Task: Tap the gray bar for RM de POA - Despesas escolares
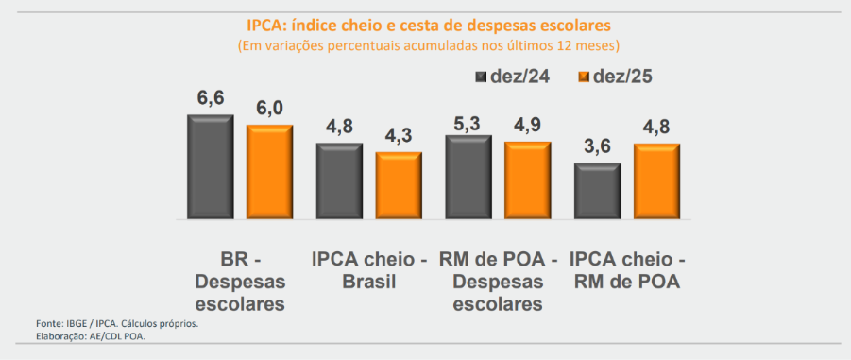coord(468,177)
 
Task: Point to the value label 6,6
coord(211,97)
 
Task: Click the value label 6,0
coord(270,108)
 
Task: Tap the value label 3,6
coord(598,146)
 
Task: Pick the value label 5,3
coord(468,118)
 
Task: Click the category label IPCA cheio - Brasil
coord(369,269)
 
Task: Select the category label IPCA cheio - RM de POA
coord(627,269)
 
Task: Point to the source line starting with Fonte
coord(117,323)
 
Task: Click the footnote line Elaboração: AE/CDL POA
coord(91,335)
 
